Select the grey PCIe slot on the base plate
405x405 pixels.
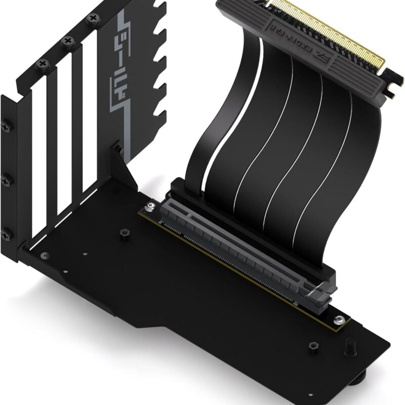(243, 248)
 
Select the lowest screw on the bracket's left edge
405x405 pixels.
(7, 234)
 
